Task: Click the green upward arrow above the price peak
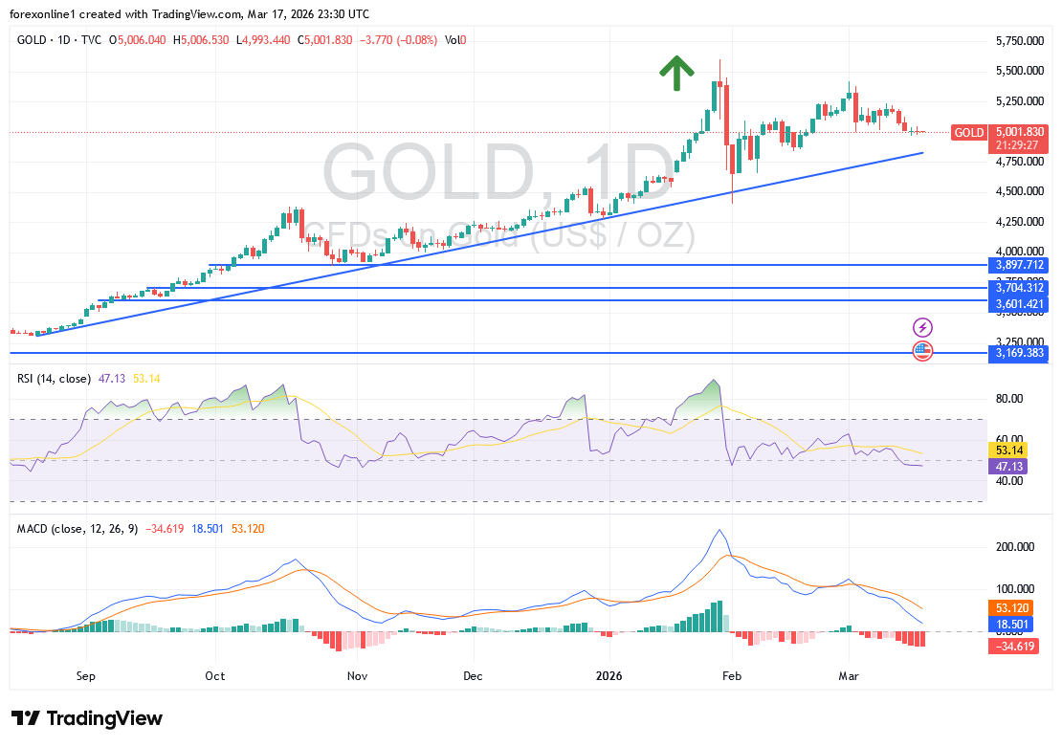pyautogui.click(x=676, y=73)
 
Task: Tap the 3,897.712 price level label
pyautogui.click(x=1018, y=264)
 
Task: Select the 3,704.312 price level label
pyautogui.click(x=1018, y=287)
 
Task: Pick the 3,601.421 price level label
pyautogui.click(x=1018, y=304)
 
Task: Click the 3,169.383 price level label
pyautogui.click(x=1018, y=353)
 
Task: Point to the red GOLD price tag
pyautogui.click(x=969, y=132)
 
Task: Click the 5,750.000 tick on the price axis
pyautogui.click(x=1017, y=41)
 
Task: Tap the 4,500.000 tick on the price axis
pyautogui.click(x=1017, y=191)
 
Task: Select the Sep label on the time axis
pyautogui.click(x=86, y=676)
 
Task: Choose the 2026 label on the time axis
pyautogui.click(x=608, y=676)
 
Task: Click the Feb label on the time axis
pyautogui.click(x=733, y=676)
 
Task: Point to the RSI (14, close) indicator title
pyautogui.click(x=54, y=379)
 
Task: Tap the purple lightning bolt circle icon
pyautogui.click(x=922, y=327)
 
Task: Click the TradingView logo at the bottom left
pyautogui.click(x=87, y=718)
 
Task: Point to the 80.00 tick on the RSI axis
pyautogui.click(x=1010, y=399)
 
